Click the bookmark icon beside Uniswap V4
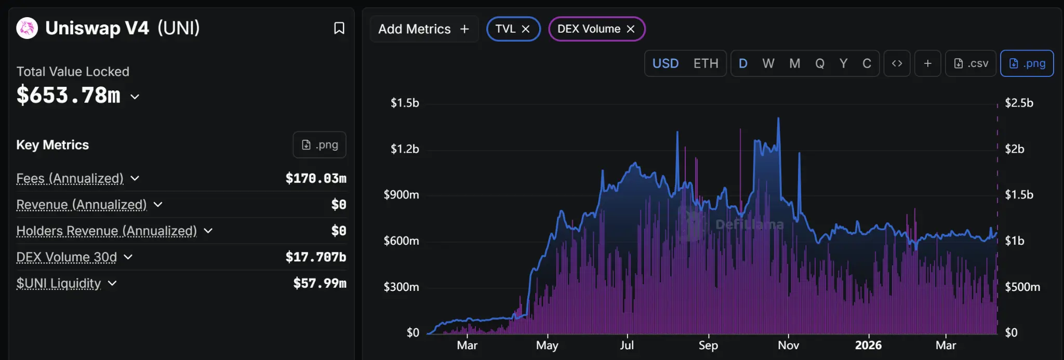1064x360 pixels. (339, 28)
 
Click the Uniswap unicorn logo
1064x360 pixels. (27, 28)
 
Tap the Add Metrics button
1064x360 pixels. (423, 29)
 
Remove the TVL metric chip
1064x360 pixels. (526, 29)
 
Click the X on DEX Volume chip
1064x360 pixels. (631, 29)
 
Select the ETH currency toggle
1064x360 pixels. (706, 63)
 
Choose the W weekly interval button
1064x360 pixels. (768, 63)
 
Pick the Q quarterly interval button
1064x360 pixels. (819, 63)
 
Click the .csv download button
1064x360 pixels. (970, 63)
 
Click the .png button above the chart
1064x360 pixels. (1027, 63)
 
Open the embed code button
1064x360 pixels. (897, 63)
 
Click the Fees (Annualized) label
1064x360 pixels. (70, 179)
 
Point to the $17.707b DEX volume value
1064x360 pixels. (315, 257)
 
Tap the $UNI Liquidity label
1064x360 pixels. (59, 284)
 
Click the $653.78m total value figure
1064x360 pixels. (69, 96)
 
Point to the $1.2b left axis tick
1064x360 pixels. (405, 149)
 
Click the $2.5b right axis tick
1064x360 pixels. (1019, 103)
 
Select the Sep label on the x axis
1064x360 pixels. (708, 345)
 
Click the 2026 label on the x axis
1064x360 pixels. (868, 345)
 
